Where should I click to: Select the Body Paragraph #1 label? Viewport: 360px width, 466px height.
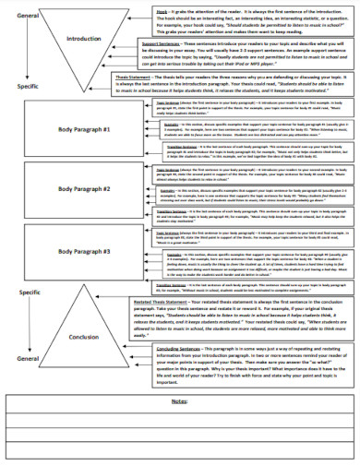[x=84, y=129]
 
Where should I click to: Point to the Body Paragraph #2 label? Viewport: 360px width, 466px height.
[x=84, y=188]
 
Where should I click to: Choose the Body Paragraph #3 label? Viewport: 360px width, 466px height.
[x=84, y=250]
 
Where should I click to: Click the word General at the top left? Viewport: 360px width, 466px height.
[x=28, y=16]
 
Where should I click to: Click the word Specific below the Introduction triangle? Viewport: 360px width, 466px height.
[x=28, y=85]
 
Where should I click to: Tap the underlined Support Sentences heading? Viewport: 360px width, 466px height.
[x=162, y=43]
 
